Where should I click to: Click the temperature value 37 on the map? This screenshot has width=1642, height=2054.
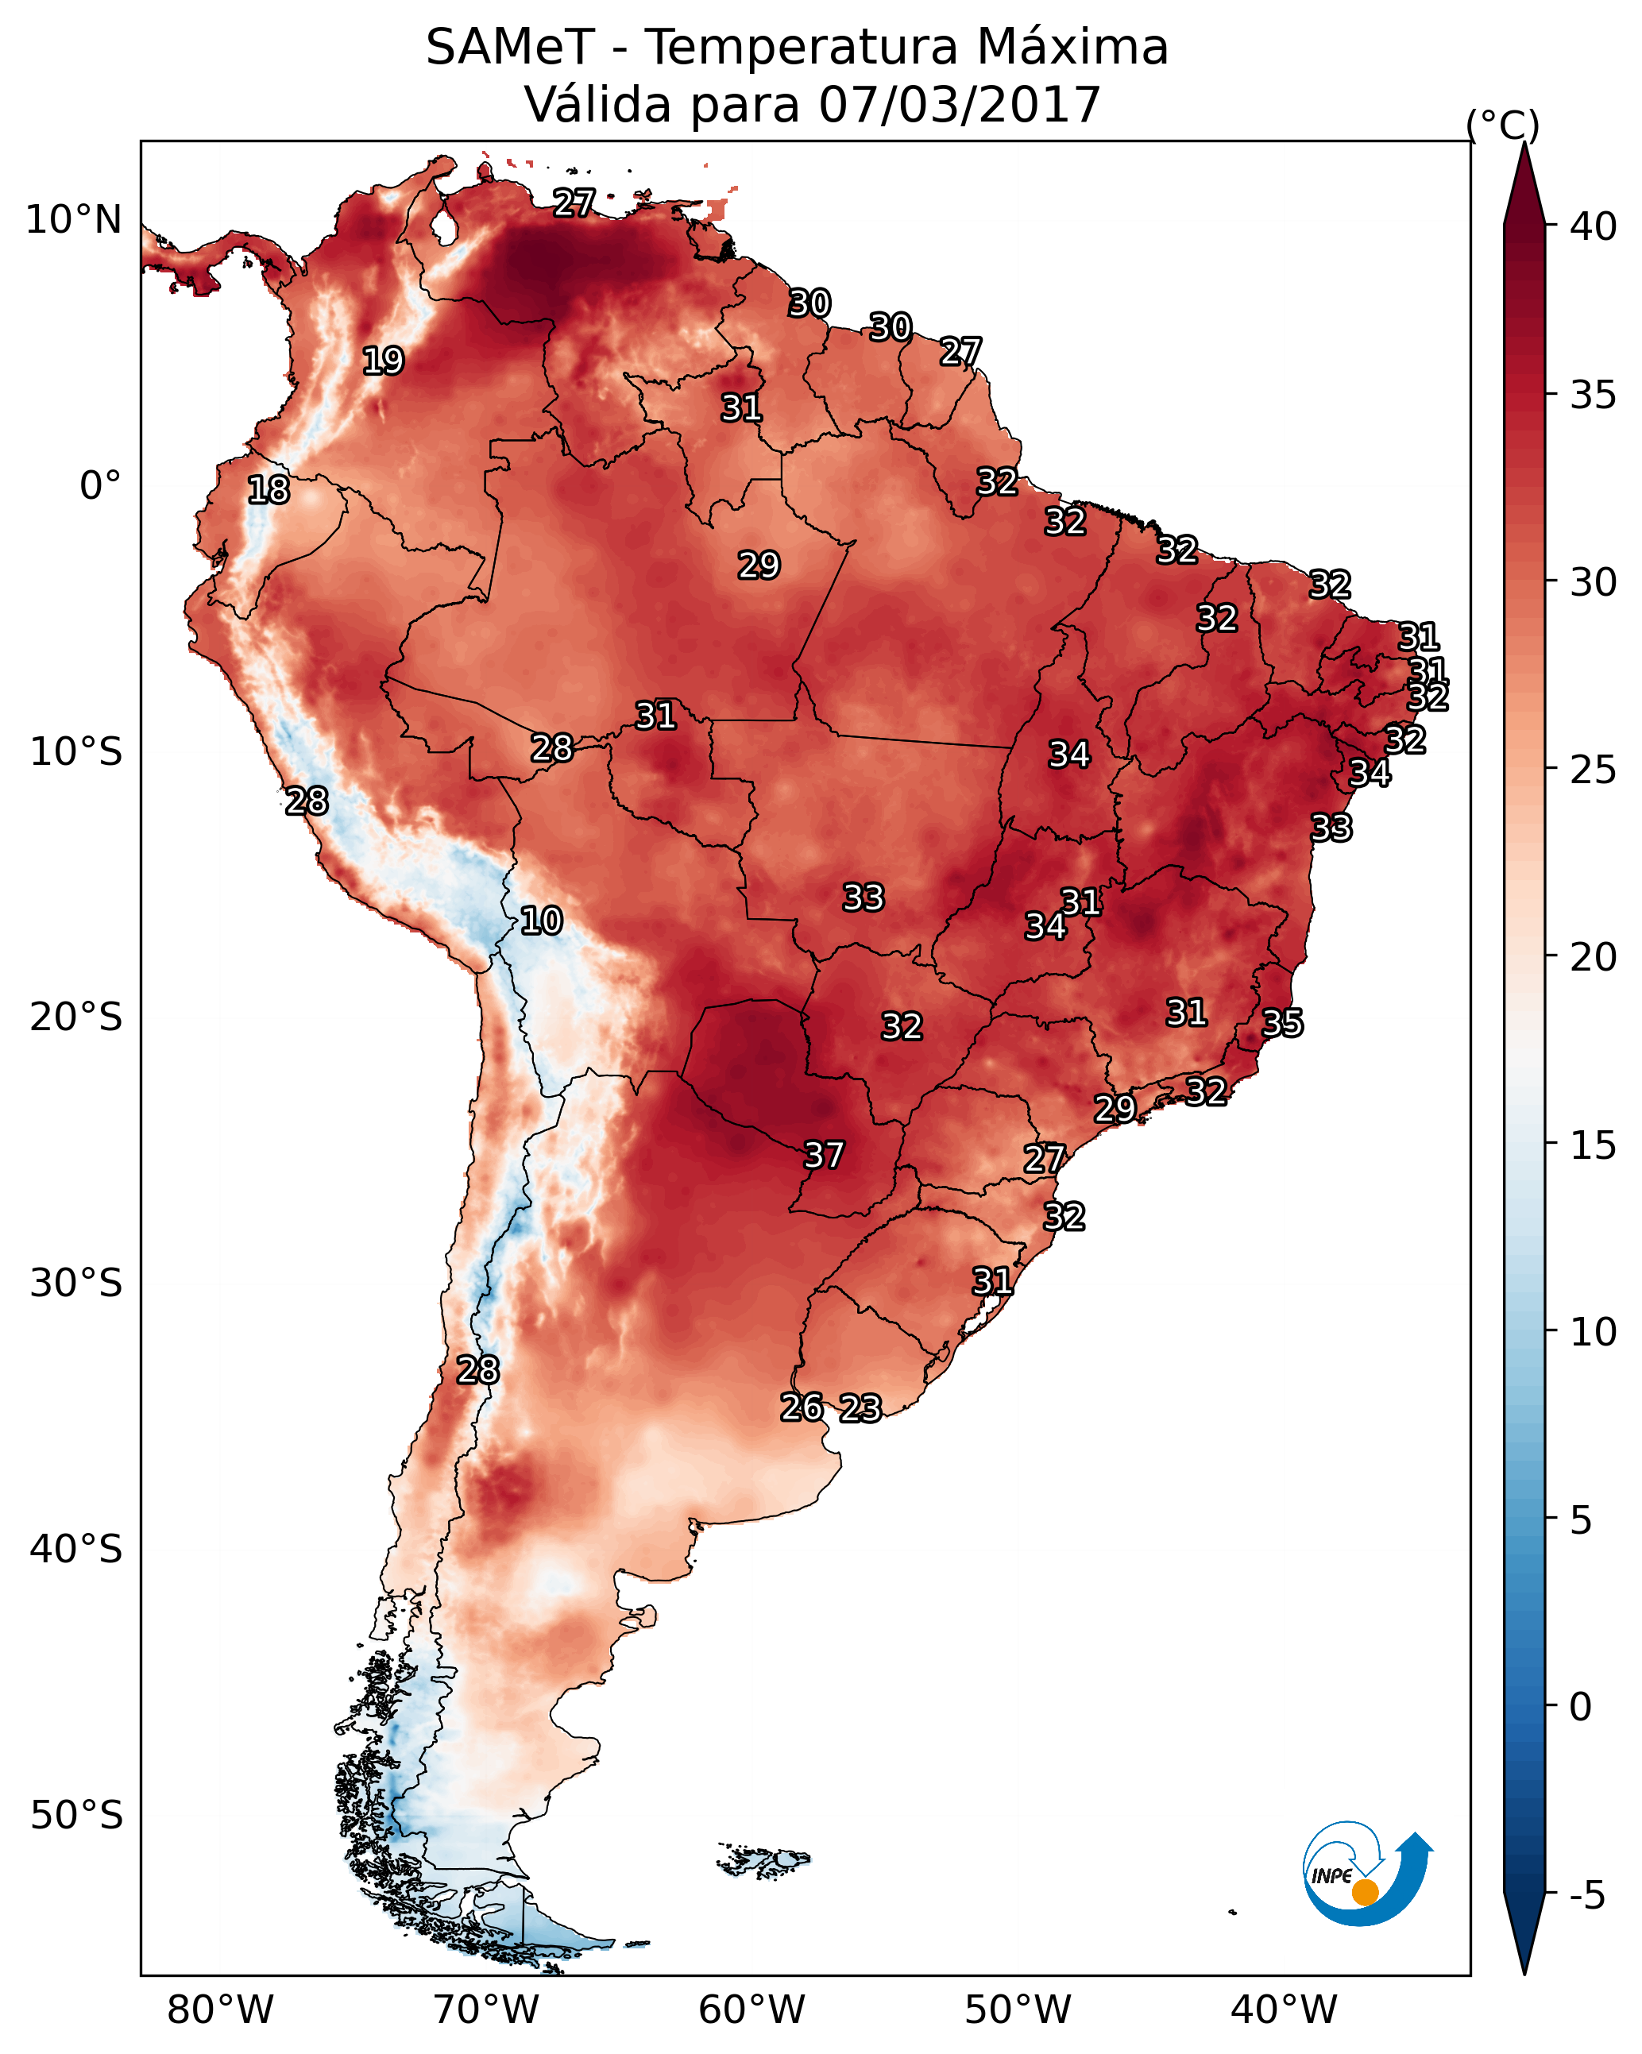825,1156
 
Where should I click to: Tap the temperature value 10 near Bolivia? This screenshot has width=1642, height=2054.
541,921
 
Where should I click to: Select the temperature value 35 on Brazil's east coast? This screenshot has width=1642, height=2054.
1282,1023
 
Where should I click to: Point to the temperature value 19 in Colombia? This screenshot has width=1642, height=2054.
383,361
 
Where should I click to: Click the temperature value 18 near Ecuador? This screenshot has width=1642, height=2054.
268,490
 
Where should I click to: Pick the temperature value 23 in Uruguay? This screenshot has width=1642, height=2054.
860,1408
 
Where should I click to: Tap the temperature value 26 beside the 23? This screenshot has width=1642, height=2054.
802,1407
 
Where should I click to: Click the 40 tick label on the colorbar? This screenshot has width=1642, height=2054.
1594,226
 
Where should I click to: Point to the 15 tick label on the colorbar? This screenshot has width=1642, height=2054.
1594,1146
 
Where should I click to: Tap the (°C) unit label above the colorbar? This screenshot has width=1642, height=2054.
1502,125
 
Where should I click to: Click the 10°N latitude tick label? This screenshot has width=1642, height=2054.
73,220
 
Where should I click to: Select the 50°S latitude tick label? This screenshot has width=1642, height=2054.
76,1815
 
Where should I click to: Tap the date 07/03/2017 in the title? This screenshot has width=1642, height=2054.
960,104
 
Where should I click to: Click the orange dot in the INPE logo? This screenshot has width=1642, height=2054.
1365,1892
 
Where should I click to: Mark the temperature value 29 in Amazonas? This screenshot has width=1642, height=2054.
759,566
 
